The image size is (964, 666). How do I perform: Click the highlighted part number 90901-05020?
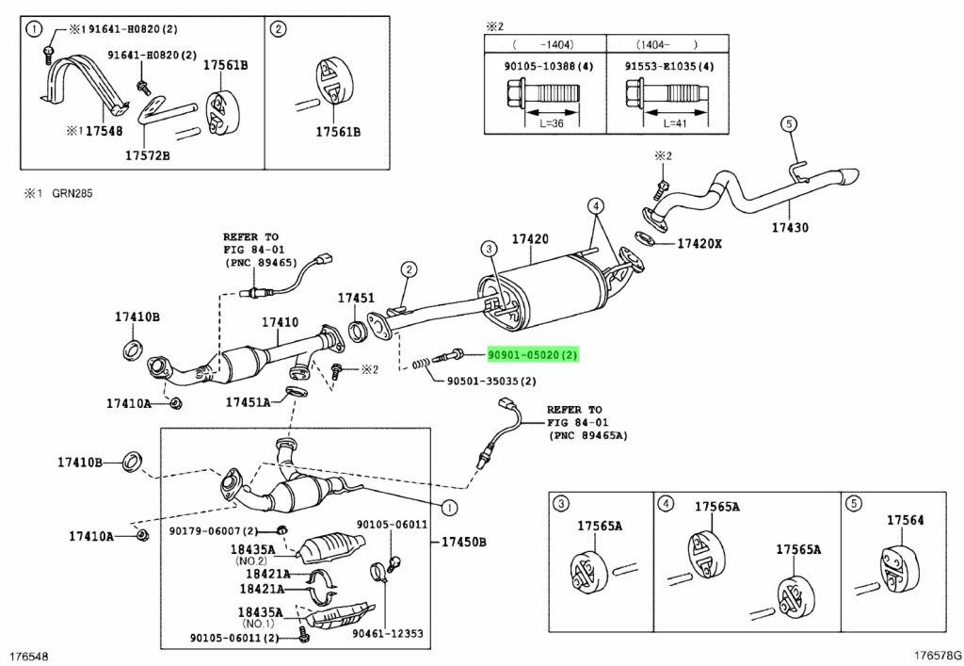pos(533,355)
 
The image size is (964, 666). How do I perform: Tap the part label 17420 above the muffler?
pos(529,239)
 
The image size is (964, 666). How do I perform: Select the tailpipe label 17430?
pos(789,227)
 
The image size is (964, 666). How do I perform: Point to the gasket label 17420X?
pos(699,244)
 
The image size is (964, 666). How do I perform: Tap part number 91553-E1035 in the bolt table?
pos(667,67)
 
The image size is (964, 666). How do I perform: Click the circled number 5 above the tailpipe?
pos(789,123)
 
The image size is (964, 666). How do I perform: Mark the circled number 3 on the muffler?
pos(489,249)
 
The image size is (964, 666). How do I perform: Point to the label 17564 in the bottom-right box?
pos(905,519)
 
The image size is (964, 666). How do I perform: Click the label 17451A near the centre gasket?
pos(248,402)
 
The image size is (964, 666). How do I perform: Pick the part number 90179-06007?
pos(209,531)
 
